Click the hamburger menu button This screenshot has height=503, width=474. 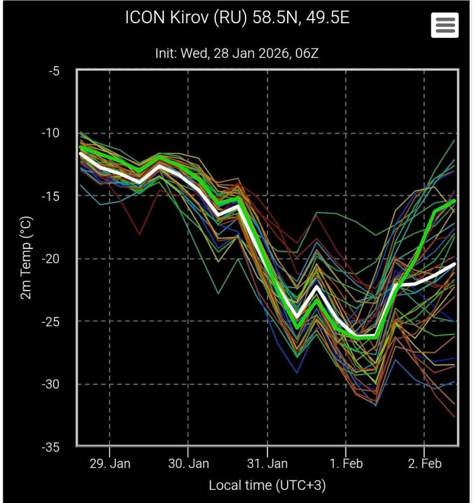444,25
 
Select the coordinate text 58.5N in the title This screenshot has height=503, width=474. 269,18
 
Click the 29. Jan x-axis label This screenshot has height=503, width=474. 110,465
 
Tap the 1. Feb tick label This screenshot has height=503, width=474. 346,465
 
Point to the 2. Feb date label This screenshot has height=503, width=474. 424,465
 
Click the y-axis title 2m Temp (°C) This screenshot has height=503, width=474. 26,258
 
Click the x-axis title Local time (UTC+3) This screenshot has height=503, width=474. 267,485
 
